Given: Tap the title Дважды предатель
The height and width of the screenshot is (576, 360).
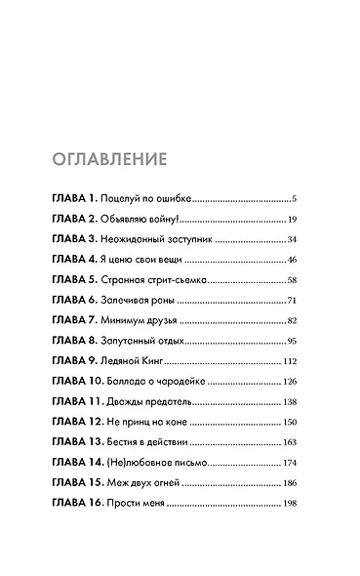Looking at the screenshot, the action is [156, 403].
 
